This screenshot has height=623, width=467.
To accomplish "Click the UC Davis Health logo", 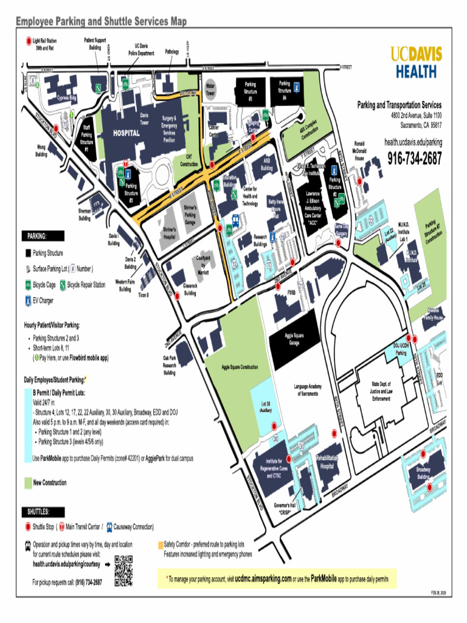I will click(x=416, y=61).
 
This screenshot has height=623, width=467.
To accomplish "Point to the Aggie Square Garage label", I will click(x=294, y=338).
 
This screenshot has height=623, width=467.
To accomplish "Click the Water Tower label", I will click(x=210, y=90).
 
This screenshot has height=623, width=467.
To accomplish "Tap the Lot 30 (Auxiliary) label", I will click(x=265, y=406).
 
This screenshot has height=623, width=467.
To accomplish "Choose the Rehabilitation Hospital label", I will click(x=327, y=463).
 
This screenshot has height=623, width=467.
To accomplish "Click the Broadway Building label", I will click(x=424, y=472).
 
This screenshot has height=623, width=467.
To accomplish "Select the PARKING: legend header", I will click(x=37, y=235).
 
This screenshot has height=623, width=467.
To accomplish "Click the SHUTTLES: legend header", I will click(x=38, y=511).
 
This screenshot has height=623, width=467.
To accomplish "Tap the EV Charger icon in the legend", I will click(x=28, y=300).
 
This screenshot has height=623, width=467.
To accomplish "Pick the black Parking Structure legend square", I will click(x=28, y=253).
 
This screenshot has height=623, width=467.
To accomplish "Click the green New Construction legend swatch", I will click(x=28, y=482).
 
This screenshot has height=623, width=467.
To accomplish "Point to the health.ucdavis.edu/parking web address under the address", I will click(x=413, y=142).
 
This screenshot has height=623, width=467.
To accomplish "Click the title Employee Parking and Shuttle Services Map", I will click(x=101, y=22).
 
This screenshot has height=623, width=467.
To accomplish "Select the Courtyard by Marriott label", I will click(x=203, y=265).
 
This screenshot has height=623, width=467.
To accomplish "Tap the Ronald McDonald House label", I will click(x=361, y=150).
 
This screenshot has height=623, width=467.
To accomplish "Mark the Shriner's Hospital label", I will click(x=170, y=233).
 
